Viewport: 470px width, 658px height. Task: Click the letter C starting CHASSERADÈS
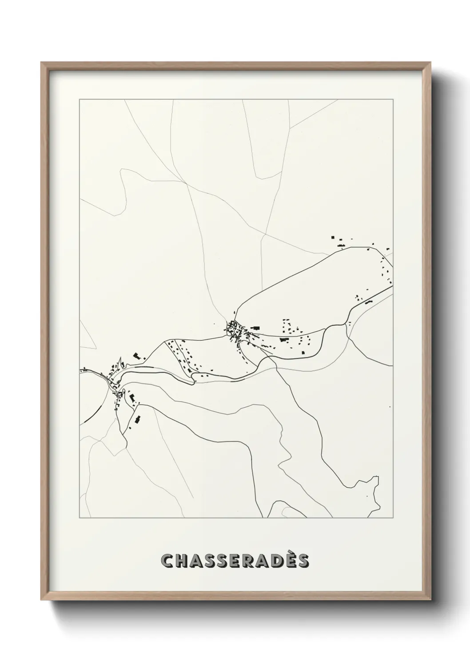(x=167, y=561)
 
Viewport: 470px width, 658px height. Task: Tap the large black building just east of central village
(x=255, y=328)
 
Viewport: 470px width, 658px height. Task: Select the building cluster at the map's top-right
(x=340, y=242)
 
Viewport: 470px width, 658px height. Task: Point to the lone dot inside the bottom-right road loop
(x=367, y=496)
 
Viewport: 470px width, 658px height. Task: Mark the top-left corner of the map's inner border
(x=80, y=100)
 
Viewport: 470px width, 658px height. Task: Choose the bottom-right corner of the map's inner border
(x=393, y=518)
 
